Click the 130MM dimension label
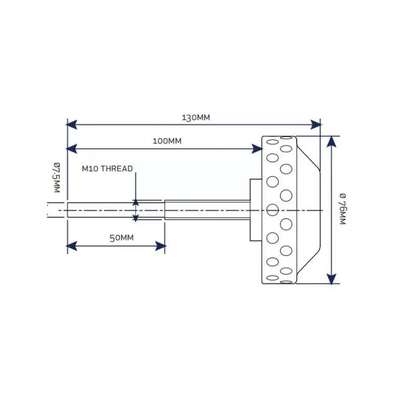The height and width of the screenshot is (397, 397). (196, 117)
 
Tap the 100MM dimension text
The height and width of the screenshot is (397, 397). (167, 141)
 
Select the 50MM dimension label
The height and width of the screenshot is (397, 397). (122, 238)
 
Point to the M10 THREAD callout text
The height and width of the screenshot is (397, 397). (107, 168)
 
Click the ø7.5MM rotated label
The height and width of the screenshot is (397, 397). (57, 178)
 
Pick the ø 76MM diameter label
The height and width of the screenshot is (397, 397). (342, 209)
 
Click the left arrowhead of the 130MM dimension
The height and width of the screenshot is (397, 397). (72, 124)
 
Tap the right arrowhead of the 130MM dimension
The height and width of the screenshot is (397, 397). (316, 124)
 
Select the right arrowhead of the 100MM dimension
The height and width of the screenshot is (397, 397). (257, 149)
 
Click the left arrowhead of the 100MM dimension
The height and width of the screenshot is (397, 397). (72, 149)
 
